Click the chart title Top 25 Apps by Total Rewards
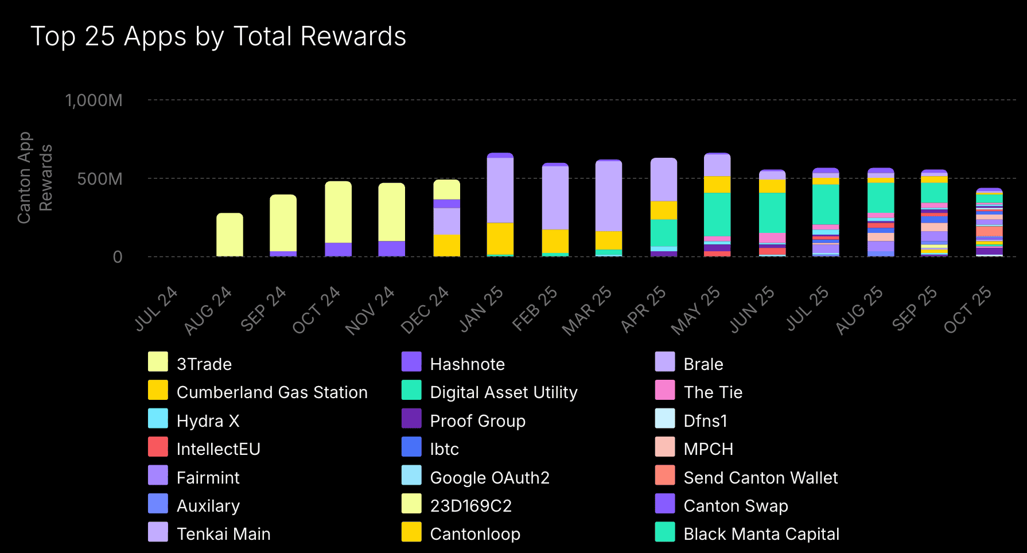218,36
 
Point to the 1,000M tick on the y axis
94,100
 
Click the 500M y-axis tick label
100,179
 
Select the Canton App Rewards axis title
34,178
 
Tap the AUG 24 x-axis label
208,310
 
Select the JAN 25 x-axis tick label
481,310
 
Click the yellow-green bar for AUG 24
229,235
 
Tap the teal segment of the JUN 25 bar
772,212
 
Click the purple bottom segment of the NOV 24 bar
392,248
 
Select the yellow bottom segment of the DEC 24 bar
446,245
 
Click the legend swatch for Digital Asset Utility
411,390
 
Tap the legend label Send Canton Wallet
760,478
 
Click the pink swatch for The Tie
665,390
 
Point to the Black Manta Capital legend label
761,534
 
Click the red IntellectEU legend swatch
158,447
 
